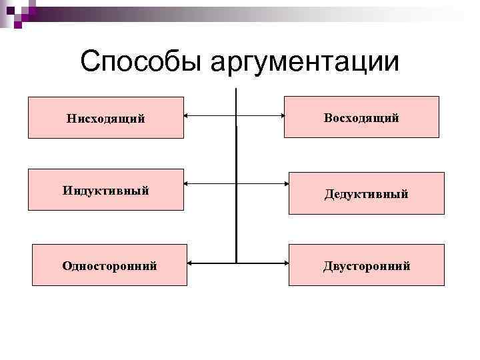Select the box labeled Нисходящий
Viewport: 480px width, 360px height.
point(106,118)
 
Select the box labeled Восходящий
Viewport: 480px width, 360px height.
point(361,117)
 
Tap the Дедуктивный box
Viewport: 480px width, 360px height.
point(366,193)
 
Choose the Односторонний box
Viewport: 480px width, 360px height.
point(109,265)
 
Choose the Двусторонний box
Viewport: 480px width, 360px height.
point(366,265)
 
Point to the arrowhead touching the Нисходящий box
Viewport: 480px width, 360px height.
point(187,115)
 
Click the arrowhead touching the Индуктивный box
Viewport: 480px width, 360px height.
point(187,182)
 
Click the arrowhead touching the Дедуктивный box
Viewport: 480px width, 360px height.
point(285,182)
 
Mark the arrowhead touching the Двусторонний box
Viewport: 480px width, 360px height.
point(285,262)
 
